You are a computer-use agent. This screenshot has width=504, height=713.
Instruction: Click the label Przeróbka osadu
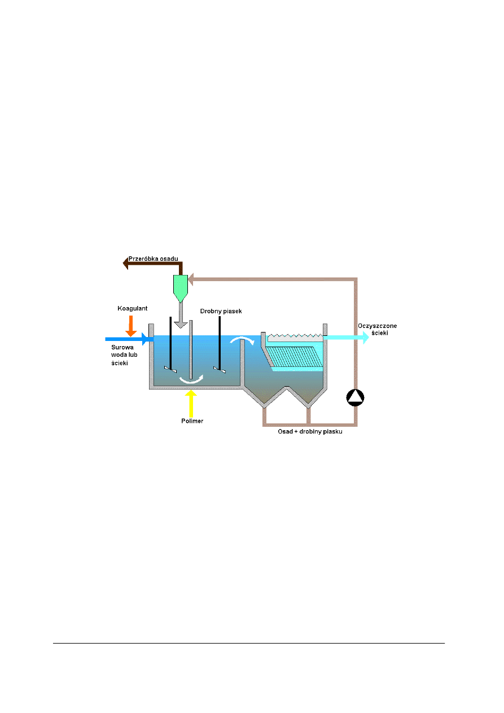coord(154,259)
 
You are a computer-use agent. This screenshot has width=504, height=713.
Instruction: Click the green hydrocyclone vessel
coord(179,287)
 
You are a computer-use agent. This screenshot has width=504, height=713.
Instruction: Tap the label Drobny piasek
coord(221,312)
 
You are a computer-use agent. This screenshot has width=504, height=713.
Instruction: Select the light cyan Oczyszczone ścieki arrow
coord(347,338)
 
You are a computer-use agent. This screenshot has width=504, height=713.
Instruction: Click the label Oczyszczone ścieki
coord(374,329)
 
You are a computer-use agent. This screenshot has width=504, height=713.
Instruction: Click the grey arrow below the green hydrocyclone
coord(180,316)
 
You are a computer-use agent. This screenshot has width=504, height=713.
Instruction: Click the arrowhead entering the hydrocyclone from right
coord(192,278)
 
